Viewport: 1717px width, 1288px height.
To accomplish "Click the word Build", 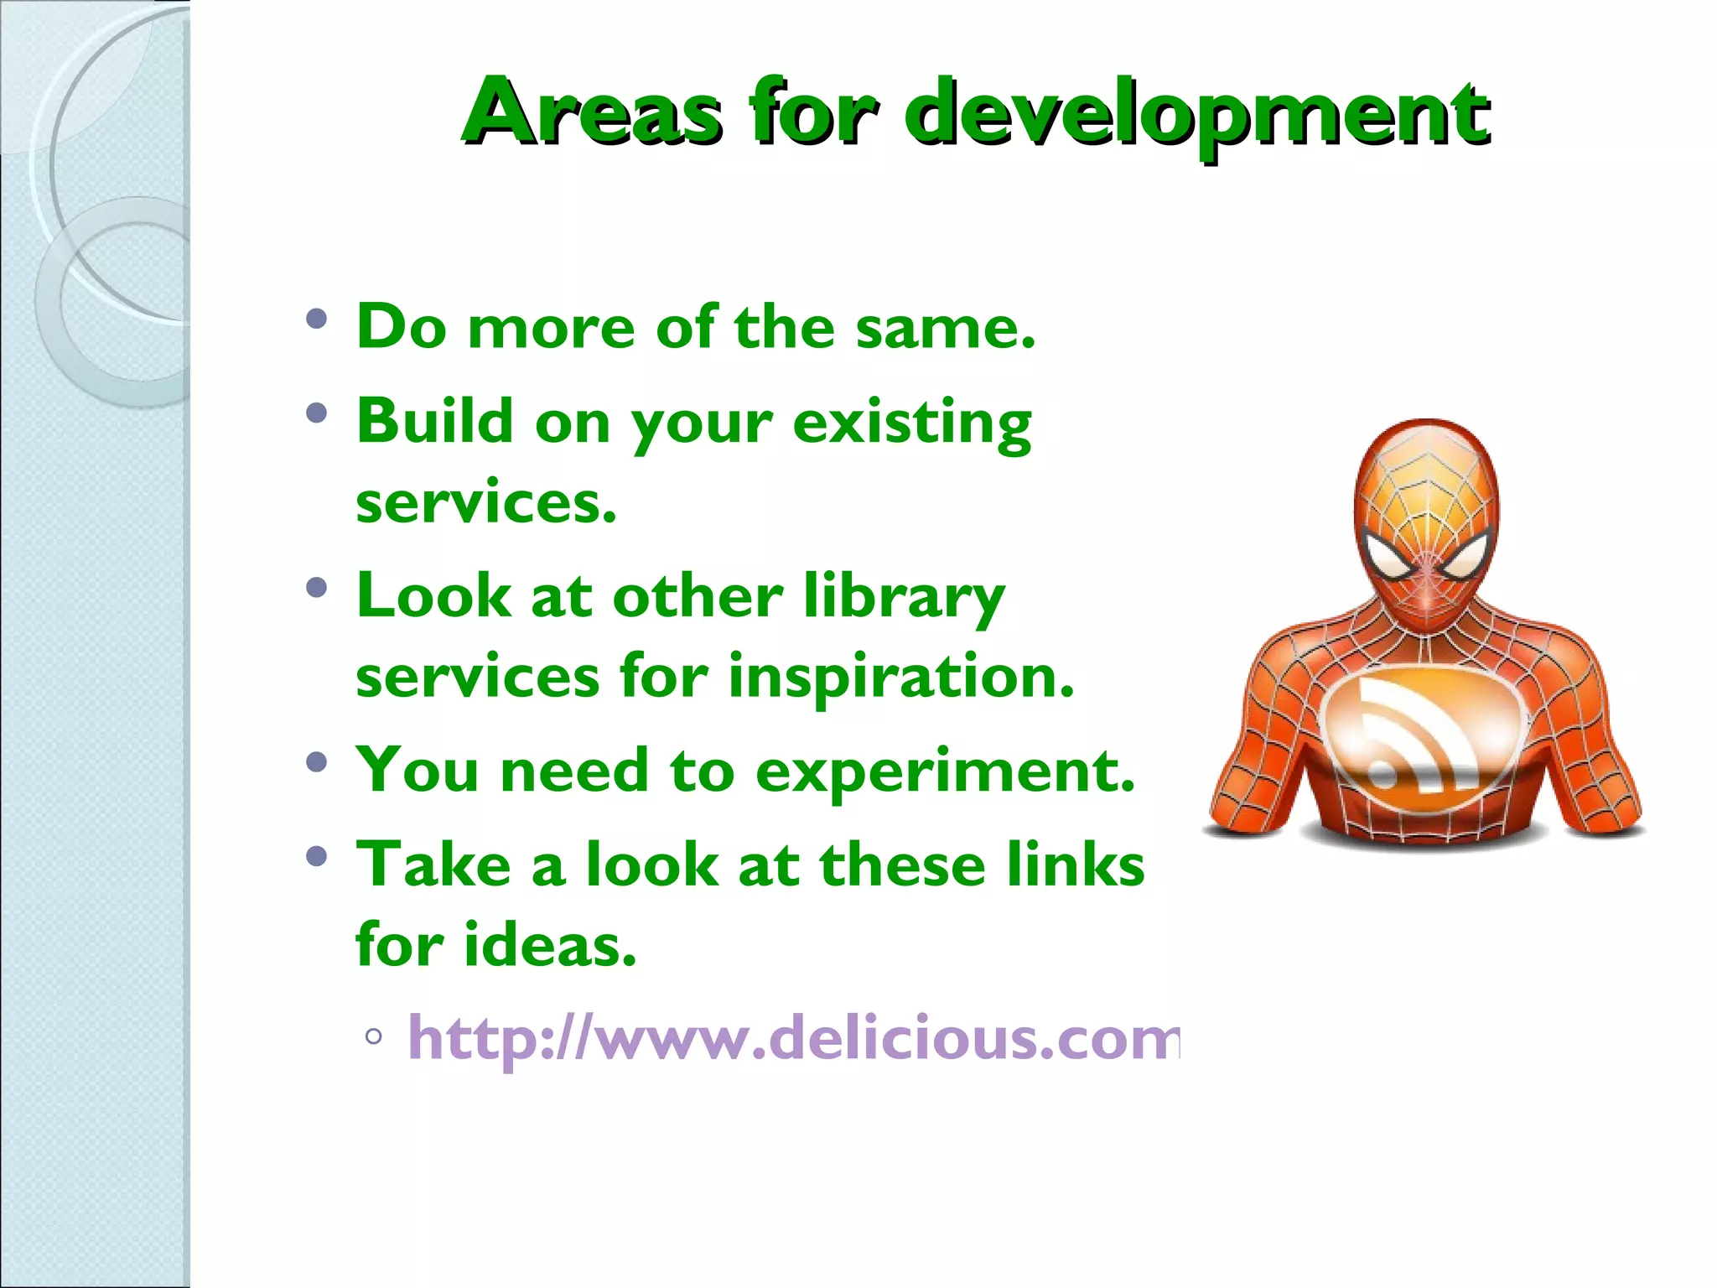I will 434,420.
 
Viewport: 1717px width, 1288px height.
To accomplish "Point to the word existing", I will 912,423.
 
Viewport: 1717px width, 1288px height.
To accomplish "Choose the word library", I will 904,598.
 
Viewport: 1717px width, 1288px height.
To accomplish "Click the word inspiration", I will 900,678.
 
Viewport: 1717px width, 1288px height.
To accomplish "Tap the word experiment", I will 945,771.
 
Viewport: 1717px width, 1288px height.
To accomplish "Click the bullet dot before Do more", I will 316,319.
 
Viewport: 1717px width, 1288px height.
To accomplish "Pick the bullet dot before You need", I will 316,762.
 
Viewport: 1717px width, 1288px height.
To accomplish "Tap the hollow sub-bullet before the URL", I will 374,1036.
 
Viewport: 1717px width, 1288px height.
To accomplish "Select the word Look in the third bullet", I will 433,596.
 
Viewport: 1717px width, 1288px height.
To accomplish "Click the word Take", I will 433,865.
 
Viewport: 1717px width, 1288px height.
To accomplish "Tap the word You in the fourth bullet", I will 418,770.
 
